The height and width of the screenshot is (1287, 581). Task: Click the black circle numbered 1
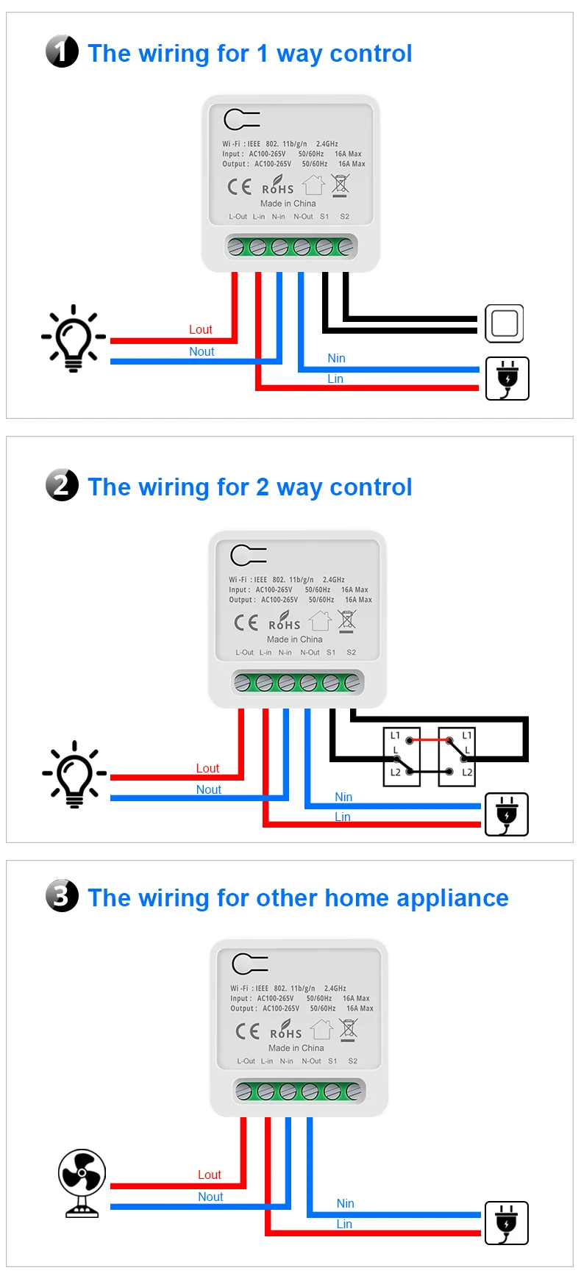(x=62, y=51)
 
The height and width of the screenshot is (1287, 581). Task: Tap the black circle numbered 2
(x=62, y=485)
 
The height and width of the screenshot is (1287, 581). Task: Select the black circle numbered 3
(x=62, y=896)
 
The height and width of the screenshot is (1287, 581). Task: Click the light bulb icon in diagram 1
(x=74, y=338)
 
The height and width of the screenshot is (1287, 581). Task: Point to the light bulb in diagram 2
(x=74, y=774)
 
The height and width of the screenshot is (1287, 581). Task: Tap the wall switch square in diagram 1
(x=505, y=323)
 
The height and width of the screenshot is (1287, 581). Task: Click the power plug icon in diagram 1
(x=507, y=379)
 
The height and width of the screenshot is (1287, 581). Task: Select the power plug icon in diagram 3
(x=507, y=1223)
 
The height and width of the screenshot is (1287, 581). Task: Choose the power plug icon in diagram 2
(x=507, y=814)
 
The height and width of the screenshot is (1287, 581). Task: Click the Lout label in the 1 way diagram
(x=200, y=330)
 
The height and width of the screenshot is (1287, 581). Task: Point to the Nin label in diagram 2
(x=343, y=797)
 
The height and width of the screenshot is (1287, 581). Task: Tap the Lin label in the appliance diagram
(x=344, y=1224)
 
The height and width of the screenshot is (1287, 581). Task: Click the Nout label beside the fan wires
(x=210, y=1197)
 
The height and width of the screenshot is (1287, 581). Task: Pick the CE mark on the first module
(x=239, y=187)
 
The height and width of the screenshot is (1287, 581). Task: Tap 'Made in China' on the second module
(x=294, y=639)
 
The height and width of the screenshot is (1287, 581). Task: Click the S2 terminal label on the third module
(x=353, y=1061)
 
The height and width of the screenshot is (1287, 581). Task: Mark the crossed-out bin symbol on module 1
(x=341, y=186)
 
